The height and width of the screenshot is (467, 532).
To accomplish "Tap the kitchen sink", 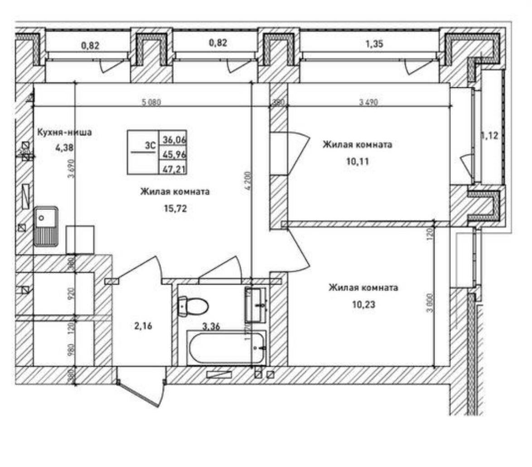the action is coord(45,226).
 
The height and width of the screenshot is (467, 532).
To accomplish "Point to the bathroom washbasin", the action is coord(256,305).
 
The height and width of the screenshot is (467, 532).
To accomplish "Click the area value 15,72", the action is coord(175,209).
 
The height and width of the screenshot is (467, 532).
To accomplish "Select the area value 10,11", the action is coord(357,162).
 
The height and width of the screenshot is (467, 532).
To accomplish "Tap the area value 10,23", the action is coord(363,305).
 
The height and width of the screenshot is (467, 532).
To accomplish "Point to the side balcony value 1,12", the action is coord(489,135).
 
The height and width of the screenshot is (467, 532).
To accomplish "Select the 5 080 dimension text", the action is coord(151,102).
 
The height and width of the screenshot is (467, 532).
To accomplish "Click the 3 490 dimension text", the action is coord(368,102).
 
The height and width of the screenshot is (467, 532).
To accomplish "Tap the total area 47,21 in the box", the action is coord(173,169).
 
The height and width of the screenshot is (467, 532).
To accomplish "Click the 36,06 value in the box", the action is coord(173,140).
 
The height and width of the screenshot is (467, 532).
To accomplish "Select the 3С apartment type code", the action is coord(150,146).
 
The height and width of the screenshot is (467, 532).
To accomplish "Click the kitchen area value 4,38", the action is coord(64,147).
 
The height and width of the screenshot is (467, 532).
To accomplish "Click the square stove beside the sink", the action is coord(80,239).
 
